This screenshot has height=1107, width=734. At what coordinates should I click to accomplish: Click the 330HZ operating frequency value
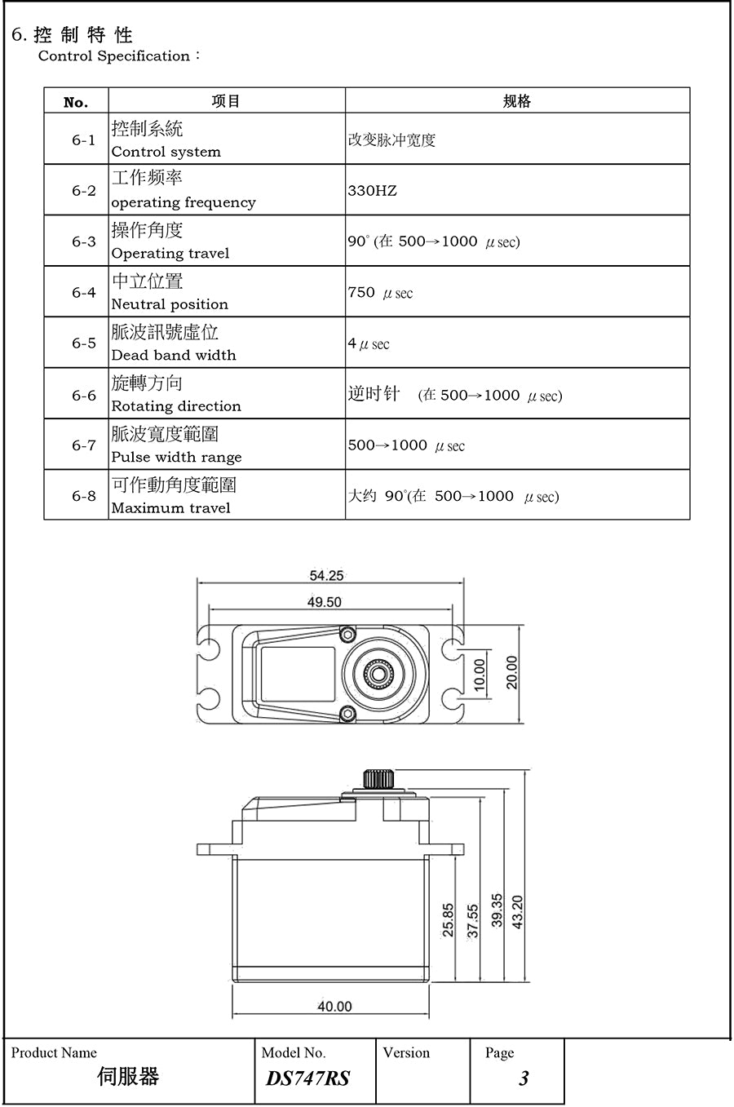[x=372, y=191]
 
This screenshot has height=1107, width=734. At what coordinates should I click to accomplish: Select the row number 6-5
[x=83, y=343]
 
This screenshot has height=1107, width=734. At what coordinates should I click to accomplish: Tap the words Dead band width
[x=173, y=356]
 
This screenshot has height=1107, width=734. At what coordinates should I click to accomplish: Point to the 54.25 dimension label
[x=326, y=576]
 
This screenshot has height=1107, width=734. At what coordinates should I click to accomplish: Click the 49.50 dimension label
[x=324, y=602]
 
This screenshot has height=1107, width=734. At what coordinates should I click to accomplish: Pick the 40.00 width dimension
[x=334, y=1007]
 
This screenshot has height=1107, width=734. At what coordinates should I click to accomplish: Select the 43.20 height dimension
[x=517, y=912]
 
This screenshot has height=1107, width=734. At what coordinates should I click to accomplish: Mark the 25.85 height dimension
[x=448, y=919]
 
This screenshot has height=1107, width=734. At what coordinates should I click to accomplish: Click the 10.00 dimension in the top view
[x=480, y=674]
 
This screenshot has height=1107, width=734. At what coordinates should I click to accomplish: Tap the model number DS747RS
[x=307, y=1078]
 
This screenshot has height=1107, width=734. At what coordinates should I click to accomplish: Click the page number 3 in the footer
[x=523, y=1078]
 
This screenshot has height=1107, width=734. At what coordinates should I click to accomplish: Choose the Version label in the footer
[x=405, y=1053]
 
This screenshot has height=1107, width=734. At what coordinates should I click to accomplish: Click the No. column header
[x=76, y=102]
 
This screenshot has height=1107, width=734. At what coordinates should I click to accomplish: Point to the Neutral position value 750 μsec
[x=380, y=293]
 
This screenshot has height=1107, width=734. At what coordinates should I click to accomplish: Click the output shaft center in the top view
[x=378, y=673]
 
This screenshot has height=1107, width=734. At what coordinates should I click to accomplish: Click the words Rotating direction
[x=176, y=406]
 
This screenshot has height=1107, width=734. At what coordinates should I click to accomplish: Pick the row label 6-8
[x=83, y=496]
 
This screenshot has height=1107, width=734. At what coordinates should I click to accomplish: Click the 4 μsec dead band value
[x=369, y=344]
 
